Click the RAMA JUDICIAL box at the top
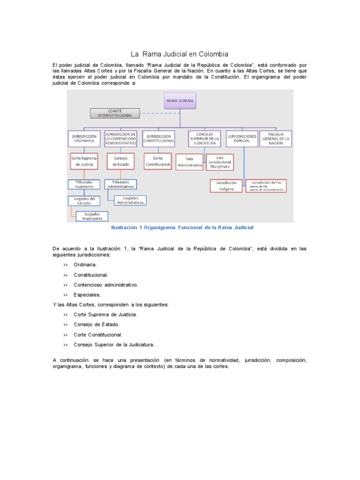tap(180, 100)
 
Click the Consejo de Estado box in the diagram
tap(120, 161)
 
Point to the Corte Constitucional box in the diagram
tap(158, 161)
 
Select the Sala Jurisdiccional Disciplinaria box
tap(218, 162)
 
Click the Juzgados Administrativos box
tap(130, 200)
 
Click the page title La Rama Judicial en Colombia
tap(180, 54)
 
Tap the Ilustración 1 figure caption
tap(182, 227)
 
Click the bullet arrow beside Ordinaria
tap(66, 265)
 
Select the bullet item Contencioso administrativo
tap(105, 285)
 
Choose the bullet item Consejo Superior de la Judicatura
tap(114, 345)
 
